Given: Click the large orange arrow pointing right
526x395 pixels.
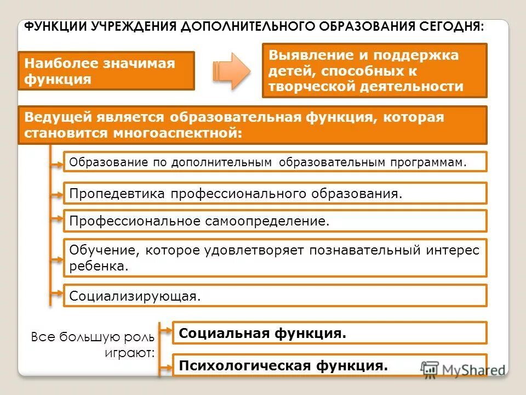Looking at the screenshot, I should tap(231, 71).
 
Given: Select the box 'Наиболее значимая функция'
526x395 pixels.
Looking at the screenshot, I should tap(106, 71).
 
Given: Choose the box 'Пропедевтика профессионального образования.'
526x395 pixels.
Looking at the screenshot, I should tap(275, 194).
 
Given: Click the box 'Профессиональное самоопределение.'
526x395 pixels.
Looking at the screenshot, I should tap(275, 221).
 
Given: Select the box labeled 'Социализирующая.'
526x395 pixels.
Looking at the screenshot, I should tap(275, 296).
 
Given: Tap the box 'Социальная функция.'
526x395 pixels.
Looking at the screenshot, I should tap(329, 333).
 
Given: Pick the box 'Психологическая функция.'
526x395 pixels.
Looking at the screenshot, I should tap(329, 365).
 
